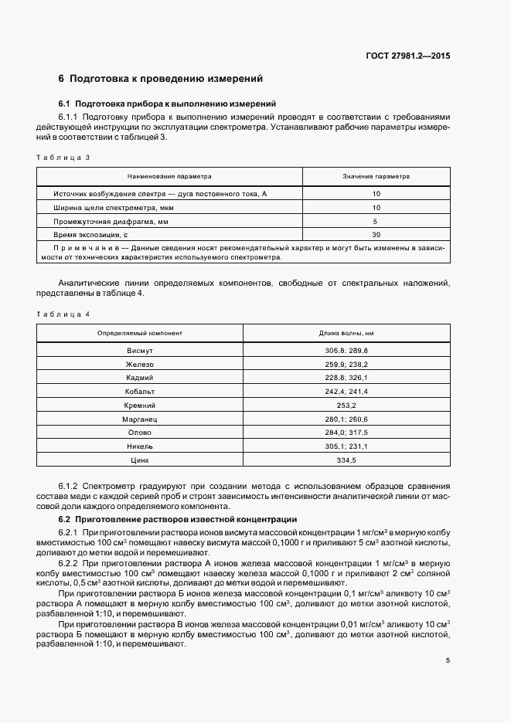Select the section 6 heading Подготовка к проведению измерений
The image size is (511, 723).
(x=161, y=79)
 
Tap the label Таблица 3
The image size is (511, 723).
(x=63, y=158)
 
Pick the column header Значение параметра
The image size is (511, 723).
(x=376, y=176)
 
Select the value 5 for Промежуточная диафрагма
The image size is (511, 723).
(x=376, y=221)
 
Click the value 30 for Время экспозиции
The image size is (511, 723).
(x=376, y=234)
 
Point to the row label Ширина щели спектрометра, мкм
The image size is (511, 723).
(x=114, y=208)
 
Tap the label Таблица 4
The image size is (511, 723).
(x=63, y=314)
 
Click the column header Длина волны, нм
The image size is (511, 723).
(x=346, y=333)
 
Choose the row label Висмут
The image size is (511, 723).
(x=140, y=350)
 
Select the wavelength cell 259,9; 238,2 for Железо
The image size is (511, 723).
(x=346, y=364)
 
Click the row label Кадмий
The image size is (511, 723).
(x=140, y=378)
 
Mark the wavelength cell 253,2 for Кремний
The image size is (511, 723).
(x=346, y=405)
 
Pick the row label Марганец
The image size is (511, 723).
(x=140, y=419)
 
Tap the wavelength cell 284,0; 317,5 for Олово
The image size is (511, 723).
(x=346, y=433)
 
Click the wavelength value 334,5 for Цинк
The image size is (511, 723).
(x=346, y=460)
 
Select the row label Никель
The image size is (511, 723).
(x=140, y=446)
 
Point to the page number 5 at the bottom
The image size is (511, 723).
(x=448, y=660)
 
